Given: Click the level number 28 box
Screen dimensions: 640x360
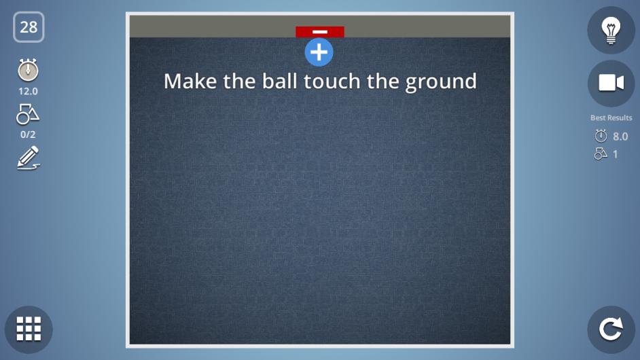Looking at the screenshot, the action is [x=29, y=27].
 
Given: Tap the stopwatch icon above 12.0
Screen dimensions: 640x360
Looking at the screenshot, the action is [x=28, y=70].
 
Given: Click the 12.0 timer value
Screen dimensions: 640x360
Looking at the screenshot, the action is [x=28, y=92].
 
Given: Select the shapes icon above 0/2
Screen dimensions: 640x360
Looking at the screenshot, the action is [x=28, y=114].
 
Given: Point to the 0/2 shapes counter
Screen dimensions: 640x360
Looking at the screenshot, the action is [x=28, y=134].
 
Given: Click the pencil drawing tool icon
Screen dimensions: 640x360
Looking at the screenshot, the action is [x=28, y=158].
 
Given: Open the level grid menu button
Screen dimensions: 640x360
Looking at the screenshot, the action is [x=29, y=329].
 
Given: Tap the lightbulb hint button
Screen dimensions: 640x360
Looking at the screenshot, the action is [x=611, y=30].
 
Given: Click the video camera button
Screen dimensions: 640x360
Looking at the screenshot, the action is [x=611, y=84].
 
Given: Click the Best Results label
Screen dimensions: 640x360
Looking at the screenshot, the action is [x=611, y=118].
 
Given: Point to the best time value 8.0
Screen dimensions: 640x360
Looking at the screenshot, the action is [x=620, y=137].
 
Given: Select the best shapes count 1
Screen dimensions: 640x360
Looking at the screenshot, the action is [x=616, y=154].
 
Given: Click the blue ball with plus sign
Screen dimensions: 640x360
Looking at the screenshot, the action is [x=319, y=52].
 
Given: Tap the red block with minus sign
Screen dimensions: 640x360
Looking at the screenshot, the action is [x=320, y=32].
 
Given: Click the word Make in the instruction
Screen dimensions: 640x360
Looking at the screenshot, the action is [x=190, y=82].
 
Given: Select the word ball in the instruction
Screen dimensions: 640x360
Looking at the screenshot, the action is [x=280, y=81].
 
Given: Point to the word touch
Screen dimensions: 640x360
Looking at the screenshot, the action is [x=332, y=81].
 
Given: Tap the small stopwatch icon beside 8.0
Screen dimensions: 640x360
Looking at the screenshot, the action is [x=601, y=136].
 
